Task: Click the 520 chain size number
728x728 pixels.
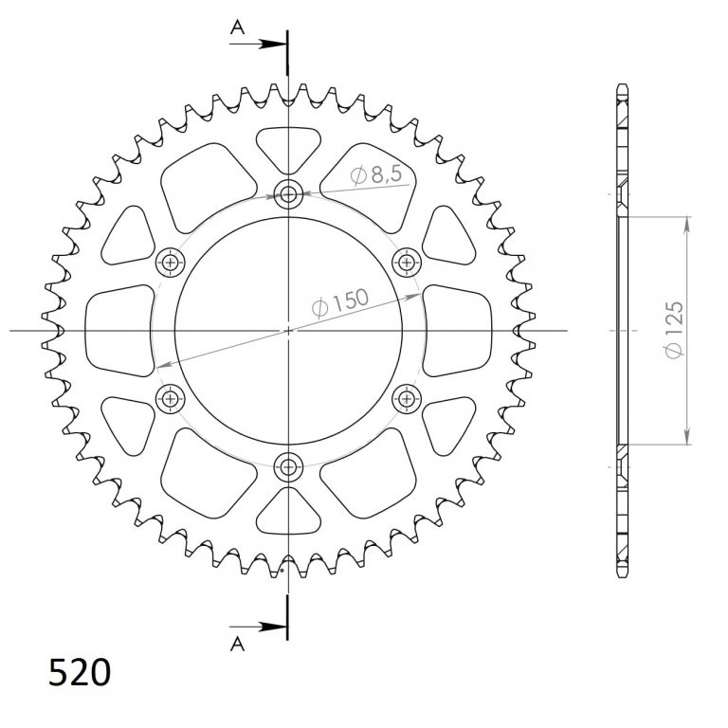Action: tap(79, 673)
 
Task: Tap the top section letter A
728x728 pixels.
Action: tap(237, 29)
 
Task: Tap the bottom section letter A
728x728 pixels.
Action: tap(237, 645)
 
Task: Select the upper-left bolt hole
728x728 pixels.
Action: tap(172, 262)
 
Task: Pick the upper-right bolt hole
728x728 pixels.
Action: tap(407, 262)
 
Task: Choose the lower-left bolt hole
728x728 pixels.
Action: tap(172, 398)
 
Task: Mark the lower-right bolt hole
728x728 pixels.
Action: tap(407, 398)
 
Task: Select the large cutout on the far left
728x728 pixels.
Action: tap(118, 330)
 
